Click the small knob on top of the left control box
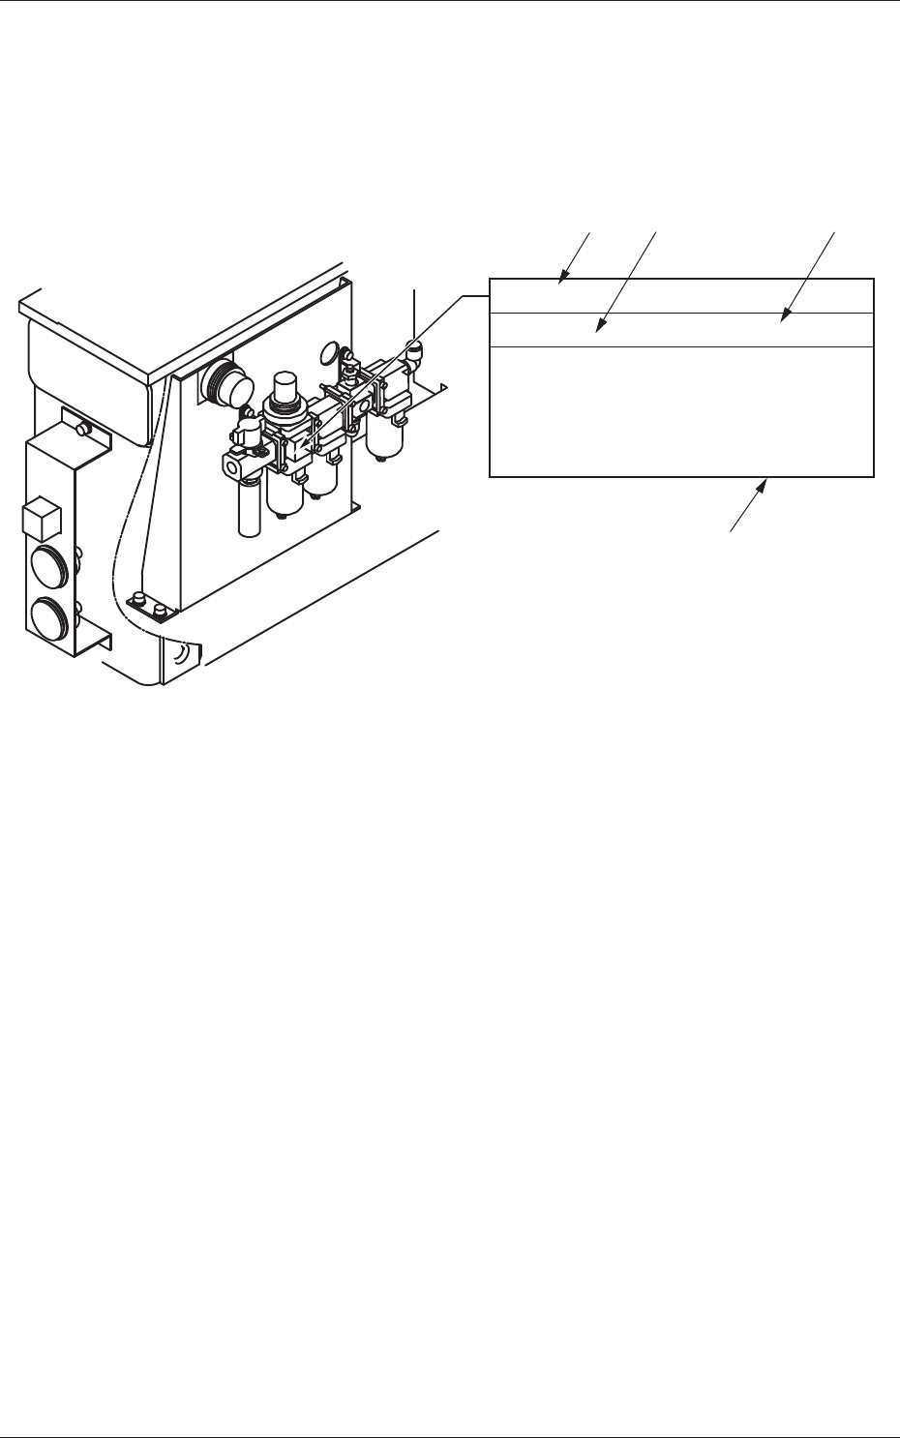pyautogui.click(x=84, y=428)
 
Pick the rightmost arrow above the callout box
pyautogui.click(x=785, y=315)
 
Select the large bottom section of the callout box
pyautogui.click(x=681, y=410)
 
